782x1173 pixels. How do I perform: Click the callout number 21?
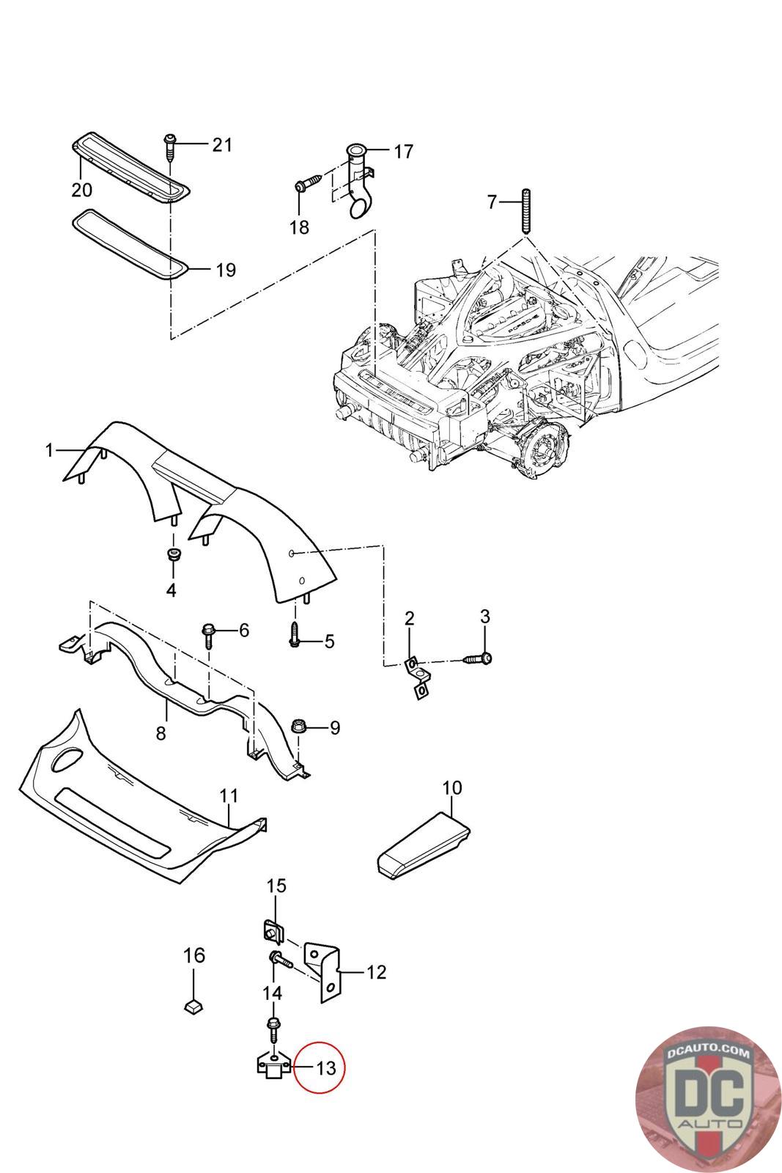tap(221, 144)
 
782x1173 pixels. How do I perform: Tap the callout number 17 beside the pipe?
tap(403, 151)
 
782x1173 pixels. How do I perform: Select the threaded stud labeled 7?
tap(525, 212)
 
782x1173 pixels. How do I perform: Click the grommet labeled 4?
tap(171, 554)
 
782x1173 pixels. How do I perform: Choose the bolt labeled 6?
tap(208, 635)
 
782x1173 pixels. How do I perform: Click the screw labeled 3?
tap(477, 658)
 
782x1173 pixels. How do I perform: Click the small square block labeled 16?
tap(193, 1007)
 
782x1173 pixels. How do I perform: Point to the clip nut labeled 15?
tap(273, 932)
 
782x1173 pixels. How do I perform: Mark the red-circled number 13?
tap(326, 1067)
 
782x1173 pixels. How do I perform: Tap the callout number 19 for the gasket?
tap(226, 271)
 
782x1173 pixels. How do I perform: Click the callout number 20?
tap(81, 190)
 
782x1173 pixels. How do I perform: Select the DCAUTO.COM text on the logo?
tap(708, 1053)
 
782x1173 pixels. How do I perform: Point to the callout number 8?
tap(161, 733)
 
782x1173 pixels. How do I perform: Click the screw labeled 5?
tap(295, 634)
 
